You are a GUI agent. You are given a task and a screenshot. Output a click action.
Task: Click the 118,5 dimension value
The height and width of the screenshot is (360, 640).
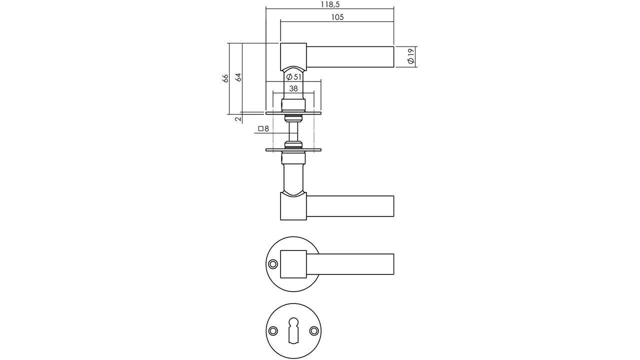(330, 4)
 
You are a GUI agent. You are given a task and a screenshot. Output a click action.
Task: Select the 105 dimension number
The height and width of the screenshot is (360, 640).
(337, 17)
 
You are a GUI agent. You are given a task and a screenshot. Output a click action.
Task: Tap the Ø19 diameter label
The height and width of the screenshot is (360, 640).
(411, 56)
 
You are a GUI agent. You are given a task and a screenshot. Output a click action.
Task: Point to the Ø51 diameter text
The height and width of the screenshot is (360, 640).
(293, 77)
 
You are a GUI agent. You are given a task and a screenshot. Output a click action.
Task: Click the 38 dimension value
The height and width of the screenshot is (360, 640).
(293, 88)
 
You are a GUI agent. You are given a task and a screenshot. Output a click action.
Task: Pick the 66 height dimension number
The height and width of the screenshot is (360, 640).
(225, 78)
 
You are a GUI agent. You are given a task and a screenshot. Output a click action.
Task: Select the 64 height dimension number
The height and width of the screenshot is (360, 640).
(238, 77)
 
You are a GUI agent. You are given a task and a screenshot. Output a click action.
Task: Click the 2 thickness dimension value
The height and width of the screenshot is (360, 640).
(238, 118)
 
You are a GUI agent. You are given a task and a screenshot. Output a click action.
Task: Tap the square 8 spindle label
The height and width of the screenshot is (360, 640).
(263, 128)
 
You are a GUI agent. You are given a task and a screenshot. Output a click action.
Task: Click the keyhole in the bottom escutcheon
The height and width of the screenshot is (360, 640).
(293, 330)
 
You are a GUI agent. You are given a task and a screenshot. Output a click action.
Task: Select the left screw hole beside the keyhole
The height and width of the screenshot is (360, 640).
(273, 331)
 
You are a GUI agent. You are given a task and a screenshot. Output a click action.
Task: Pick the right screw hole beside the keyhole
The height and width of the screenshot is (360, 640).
(314, 331)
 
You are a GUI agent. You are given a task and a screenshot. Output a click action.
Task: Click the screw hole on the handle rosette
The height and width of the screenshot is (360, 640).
(273, 264)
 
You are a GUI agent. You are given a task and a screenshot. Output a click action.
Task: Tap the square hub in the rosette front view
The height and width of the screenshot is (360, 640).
(293, 264)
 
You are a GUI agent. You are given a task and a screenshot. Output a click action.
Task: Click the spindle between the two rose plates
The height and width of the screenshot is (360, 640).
(293, 131)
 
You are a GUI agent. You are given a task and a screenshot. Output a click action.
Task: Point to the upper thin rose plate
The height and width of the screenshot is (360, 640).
(293, 113)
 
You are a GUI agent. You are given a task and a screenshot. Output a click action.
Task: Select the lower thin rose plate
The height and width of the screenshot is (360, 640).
(293, 150)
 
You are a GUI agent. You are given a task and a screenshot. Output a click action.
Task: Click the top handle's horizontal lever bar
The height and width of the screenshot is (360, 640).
(350, 57)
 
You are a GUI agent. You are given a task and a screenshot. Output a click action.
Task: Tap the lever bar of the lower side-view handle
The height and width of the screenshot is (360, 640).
(350, 206)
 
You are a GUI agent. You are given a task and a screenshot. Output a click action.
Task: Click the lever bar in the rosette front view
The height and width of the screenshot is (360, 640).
(350, 264)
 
